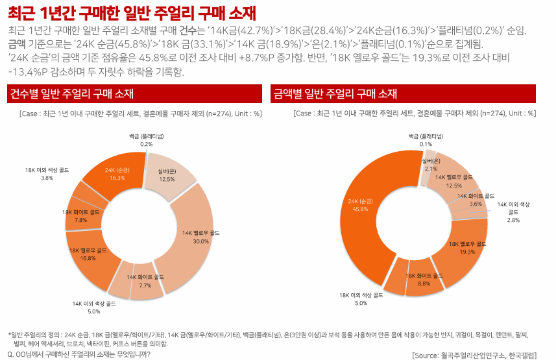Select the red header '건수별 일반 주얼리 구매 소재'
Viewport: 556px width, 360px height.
(71, 95)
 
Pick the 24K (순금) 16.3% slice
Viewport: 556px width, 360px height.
(117, 173)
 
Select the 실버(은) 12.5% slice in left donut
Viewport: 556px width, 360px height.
(167, 174)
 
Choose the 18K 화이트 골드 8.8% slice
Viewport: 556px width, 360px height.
(424, 280)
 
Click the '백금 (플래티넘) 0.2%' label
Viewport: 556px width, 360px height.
(146, 140)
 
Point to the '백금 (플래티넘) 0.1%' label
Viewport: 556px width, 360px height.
(426, 140)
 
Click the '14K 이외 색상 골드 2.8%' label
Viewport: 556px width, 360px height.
(513, 212)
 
